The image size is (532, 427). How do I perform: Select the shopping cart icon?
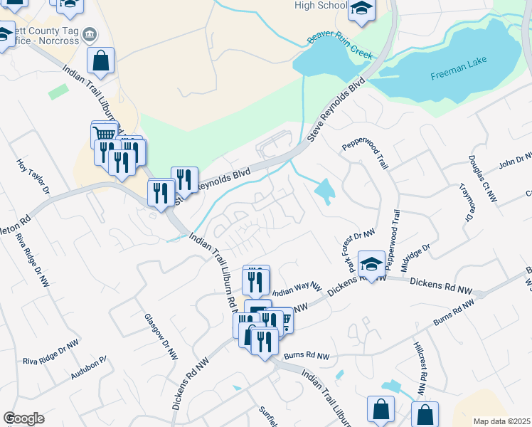pos(105,135)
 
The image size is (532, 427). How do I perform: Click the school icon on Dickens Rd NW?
pos(371,265)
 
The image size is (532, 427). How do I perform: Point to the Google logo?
pos(23,418)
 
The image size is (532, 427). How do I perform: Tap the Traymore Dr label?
pos(467,202)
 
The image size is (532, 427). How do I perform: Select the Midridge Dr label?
pos(415,257)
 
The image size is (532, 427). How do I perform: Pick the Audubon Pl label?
pos(88,368)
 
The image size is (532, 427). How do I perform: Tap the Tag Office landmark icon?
pos(90,34)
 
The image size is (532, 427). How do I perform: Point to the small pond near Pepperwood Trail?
pos(325,191)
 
